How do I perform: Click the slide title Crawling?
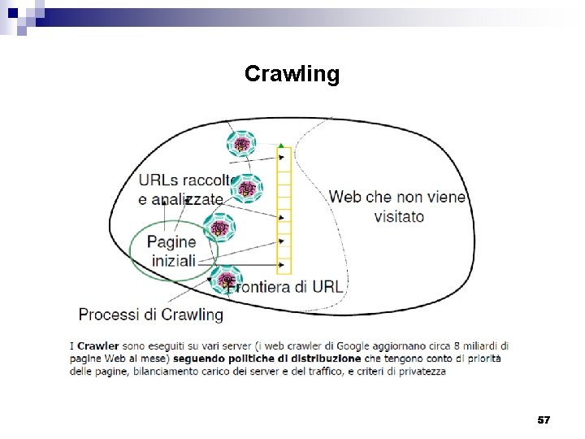292,75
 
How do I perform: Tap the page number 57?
544,419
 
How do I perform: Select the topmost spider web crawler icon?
241,146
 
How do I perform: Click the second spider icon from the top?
247,189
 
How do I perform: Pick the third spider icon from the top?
219,229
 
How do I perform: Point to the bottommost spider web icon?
227,279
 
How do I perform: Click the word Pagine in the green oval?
171,241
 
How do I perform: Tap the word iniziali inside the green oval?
174,261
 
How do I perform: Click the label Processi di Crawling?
150,314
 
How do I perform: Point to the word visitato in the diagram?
398,217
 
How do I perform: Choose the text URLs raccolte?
188,180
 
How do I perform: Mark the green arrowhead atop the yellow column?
282,146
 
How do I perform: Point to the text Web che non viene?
397,197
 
